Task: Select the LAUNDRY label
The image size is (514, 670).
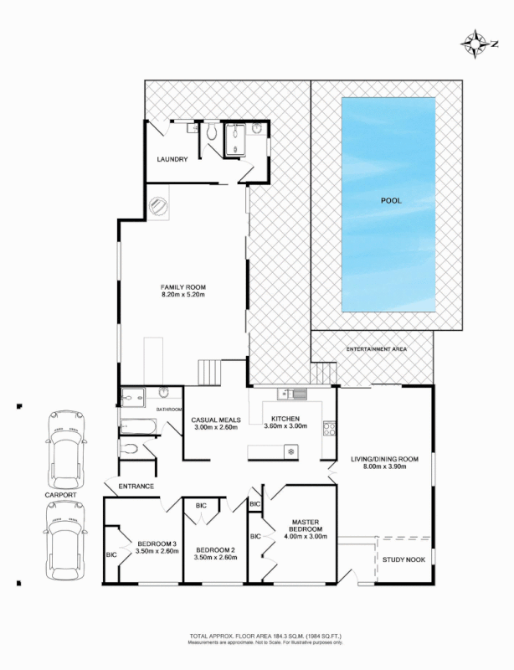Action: [x=172, y=159]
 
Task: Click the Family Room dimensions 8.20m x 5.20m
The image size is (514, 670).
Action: [x=183, y=295]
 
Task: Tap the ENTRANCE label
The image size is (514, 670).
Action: [x=136, y=486]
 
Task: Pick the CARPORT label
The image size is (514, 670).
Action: [x=61, y=496]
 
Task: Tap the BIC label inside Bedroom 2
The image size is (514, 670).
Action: [x=201, y=505]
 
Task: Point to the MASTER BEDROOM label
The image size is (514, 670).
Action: [x=306, y=525]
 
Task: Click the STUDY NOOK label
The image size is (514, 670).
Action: [x=404, y=559]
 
